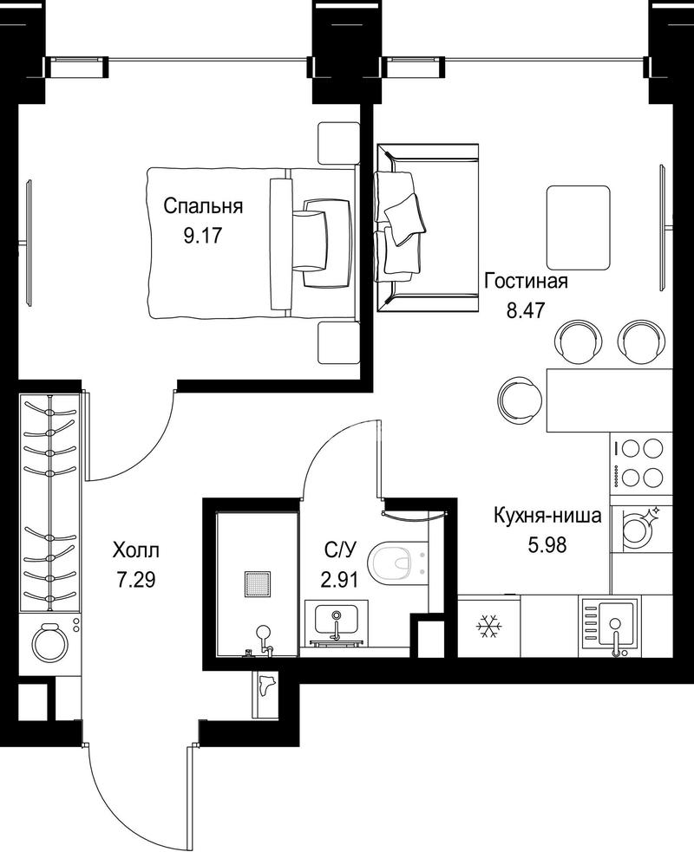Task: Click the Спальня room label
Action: [x=203, y=206]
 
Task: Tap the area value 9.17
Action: [x=203, y=236]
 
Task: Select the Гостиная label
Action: [x=526, y=281]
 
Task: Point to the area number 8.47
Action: [x=526, y=311]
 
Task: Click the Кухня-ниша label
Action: [x=547, y=515]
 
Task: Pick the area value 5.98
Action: [x=547, y=544]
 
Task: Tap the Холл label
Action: [x=136, y=550]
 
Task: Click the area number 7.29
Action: [x=136, y=581]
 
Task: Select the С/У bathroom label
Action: [x=340, y=550]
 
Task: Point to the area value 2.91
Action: [x=339, y=581]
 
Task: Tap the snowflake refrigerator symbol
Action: [x=489, y=627]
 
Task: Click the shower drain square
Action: [x=258, y=585]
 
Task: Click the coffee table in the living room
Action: [x=578, y=227]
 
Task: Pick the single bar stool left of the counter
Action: [x=520, y=400]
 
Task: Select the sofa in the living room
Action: [x=428, y=228]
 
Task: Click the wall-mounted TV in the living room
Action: [x=663, y=228]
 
